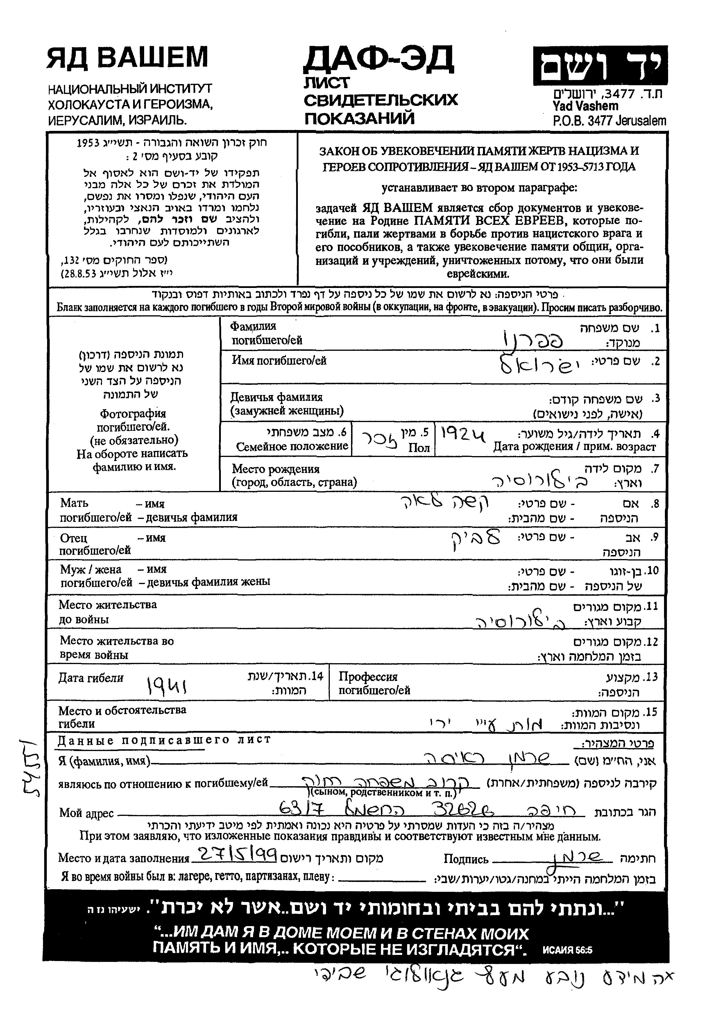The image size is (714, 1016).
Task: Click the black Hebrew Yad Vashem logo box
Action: coord(600,65)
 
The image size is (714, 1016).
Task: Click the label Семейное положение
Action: coord(292,446)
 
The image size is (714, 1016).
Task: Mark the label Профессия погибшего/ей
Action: coord(374,683)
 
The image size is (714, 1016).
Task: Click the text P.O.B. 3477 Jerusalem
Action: coord(609,121)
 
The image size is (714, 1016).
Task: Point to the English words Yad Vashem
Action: coord(585,106)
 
